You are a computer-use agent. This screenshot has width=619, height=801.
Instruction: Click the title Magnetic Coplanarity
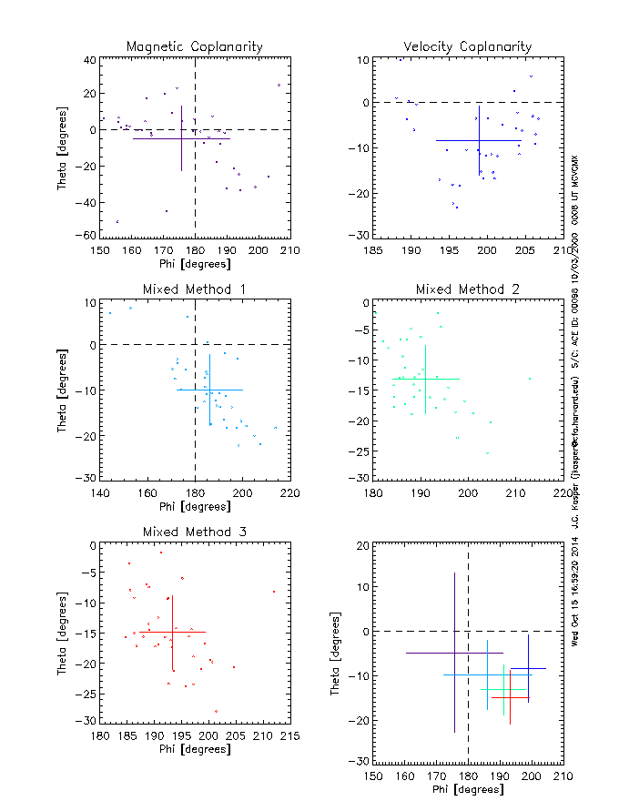[195, 46]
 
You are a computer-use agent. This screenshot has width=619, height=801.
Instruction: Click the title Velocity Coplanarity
[468, 46]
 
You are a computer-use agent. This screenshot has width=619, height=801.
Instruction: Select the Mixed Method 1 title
[195, 289]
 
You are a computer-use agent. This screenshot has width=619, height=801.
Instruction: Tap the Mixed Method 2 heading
[468, 289]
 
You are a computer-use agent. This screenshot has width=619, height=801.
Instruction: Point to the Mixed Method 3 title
[195, 532]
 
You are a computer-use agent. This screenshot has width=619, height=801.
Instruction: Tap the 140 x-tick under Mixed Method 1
[100, 492]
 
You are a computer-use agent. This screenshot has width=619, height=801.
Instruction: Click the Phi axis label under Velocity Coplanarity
[468, 263]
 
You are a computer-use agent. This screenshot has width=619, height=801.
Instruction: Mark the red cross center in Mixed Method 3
[173, 632]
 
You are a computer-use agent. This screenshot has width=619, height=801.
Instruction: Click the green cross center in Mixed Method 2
[425, 379]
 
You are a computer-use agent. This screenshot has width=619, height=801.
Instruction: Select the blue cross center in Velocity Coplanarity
[478, 140]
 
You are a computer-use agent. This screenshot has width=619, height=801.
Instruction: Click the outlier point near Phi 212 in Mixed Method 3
[273, 592]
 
